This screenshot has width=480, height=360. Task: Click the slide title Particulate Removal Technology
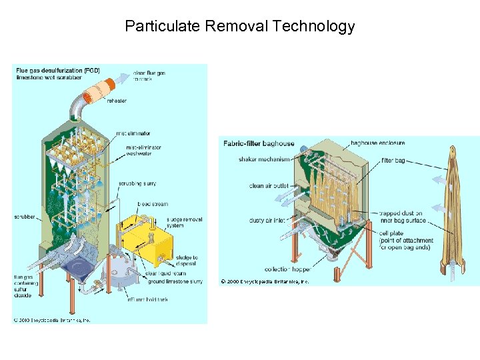[239, 27]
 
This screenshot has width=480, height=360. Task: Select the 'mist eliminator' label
[133, 133]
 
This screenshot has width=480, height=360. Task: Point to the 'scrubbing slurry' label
[137, 183]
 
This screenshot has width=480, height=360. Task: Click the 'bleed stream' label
[153, 204]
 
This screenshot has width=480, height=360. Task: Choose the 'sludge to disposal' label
[187, 261]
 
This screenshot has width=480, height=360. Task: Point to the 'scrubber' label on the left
[24, 217]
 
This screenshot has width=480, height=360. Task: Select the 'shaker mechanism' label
[265, 159]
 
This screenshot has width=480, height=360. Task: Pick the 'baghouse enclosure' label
[378, 143]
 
